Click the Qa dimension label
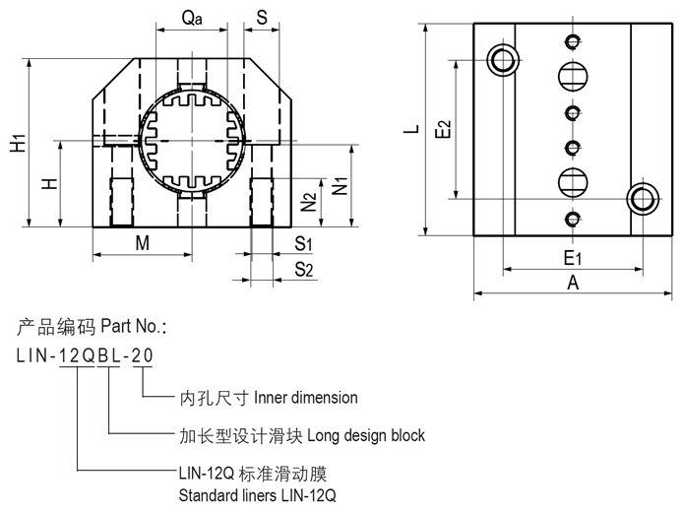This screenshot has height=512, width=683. click(191, 18)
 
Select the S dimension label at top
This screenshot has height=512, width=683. click(261, 18)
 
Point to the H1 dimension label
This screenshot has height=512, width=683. click(18, 145)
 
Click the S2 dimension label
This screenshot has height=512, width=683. click(304, 269)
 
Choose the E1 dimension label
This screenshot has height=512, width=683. click(573, 258)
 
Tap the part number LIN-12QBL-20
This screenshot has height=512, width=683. click(85, 356)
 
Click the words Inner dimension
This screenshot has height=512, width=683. click(306, 398)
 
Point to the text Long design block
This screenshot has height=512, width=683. click(366, 434)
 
